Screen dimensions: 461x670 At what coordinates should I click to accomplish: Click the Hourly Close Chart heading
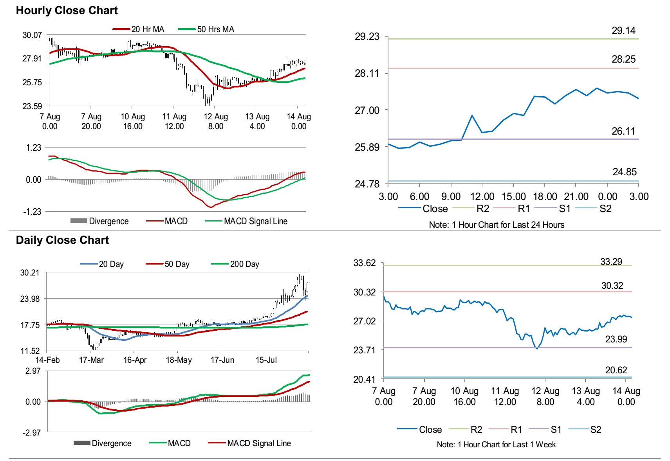67,11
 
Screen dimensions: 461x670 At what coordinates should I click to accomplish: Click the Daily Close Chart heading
62,240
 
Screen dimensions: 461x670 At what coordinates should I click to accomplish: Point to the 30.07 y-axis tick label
32,35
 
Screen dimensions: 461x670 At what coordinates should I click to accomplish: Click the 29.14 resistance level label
623,31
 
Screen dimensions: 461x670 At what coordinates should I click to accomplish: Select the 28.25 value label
623,59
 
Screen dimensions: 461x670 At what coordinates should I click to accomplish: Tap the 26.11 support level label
623,131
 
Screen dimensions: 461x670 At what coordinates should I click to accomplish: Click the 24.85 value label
624,172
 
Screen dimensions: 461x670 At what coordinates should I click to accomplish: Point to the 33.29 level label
611,262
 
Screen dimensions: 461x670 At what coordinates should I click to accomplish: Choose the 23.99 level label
616,339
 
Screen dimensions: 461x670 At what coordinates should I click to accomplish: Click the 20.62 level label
616,370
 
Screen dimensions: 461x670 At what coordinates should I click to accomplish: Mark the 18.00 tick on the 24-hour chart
545,197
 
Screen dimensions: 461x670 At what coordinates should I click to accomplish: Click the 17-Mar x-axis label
91,360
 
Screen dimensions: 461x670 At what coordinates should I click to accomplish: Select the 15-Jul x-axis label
266,360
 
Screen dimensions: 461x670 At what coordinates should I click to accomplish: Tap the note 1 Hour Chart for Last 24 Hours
497,225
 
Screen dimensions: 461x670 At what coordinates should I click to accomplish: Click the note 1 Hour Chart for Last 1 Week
496,445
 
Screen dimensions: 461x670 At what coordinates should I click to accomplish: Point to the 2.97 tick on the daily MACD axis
33,371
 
